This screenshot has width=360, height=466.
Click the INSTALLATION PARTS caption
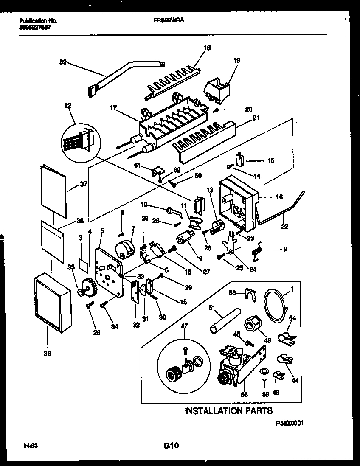click(228, 410)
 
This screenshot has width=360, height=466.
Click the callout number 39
click(63, 62)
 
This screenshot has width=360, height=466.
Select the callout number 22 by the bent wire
click(284, 227)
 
